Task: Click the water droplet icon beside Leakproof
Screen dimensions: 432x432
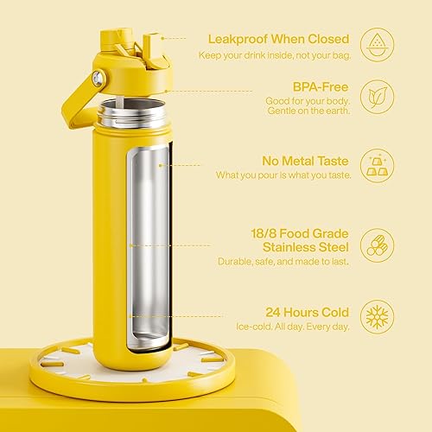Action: point(378,43)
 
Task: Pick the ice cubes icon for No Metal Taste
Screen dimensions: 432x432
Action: point(378,166)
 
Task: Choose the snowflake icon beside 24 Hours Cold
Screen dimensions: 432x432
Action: point(378,317)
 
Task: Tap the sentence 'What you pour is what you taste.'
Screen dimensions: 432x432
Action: point(283,176)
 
